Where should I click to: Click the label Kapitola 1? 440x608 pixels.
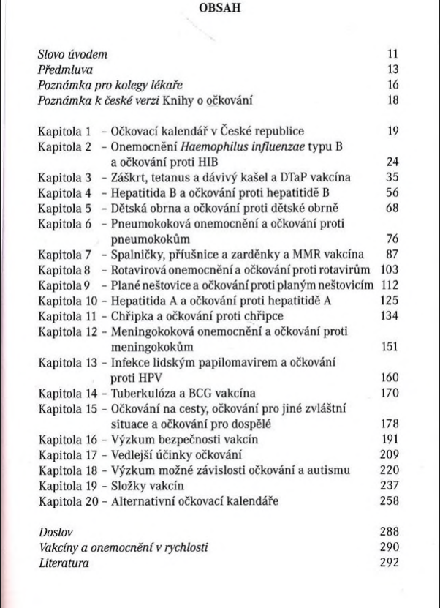click(x=64, y=132)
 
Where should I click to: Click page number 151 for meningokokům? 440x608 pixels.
click(x=391, y=347)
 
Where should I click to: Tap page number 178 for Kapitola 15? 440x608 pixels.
click(x=391, y=424)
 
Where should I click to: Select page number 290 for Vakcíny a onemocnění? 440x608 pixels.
click(x=391, y=547)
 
